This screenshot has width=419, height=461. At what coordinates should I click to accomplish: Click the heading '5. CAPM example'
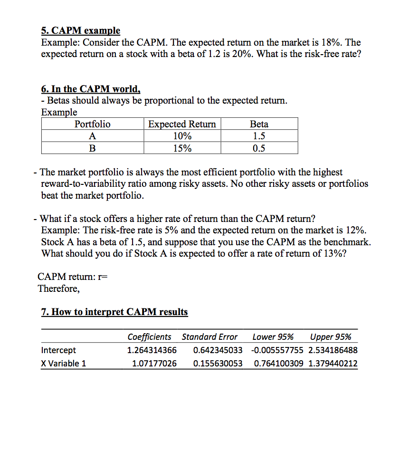80,30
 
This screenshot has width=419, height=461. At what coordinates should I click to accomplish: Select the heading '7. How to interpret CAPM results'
114,312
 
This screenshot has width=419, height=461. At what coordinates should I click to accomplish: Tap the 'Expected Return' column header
182,124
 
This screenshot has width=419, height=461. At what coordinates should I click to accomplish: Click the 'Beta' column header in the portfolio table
259,124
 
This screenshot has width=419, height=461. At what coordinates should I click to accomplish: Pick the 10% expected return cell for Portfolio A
182,136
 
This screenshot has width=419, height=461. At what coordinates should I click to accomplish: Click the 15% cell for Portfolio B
182,148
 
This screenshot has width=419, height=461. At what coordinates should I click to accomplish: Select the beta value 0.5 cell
259,148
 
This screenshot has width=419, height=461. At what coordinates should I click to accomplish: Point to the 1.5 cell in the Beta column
259,136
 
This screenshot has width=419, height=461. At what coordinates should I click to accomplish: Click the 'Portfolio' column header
92,124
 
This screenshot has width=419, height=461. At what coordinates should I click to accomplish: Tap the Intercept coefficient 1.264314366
152,350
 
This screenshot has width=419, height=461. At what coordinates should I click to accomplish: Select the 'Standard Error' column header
209,337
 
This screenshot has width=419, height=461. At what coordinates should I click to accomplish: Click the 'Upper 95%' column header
331,337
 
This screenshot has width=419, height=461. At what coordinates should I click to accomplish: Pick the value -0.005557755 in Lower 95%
276,350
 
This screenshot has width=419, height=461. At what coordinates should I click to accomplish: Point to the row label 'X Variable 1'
64,364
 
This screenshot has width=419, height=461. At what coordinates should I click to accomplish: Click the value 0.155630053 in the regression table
218,364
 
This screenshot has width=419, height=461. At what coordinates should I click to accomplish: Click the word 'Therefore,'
59,288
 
